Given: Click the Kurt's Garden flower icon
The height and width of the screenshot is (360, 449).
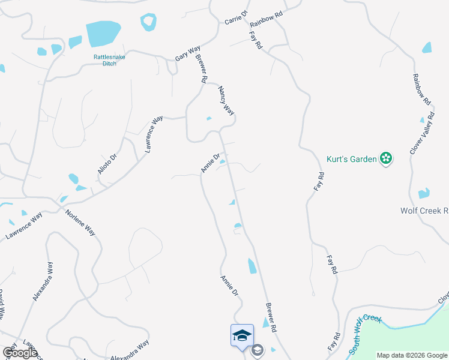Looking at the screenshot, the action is point(387,158).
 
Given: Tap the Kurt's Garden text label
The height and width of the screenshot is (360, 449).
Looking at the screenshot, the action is point(352,159).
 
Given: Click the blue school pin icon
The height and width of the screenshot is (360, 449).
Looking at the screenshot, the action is point(242,335).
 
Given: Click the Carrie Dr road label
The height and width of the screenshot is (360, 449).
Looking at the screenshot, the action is point(236,17).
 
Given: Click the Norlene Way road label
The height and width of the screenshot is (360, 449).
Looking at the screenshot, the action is point(80,222).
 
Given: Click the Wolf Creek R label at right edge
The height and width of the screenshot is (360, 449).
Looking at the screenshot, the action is point(424,211).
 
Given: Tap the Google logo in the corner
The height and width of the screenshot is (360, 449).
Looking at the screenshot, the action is point(20,352).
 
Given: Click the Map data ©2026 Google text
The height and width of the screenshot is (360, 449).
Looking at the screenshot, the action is point(412,355).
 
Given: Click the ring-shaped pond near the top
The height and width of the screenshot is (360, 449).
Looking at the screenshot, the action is point(148,22).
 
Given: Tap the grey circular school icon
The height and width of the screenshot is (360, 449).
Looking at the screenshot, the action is point(258,350).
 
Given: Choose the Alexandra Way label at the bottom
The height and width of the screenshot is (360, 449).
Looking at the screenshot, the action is point(129,350).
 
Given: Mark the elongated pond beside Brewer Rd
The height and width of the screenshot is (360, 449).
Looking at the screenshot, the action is point(252,265).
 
